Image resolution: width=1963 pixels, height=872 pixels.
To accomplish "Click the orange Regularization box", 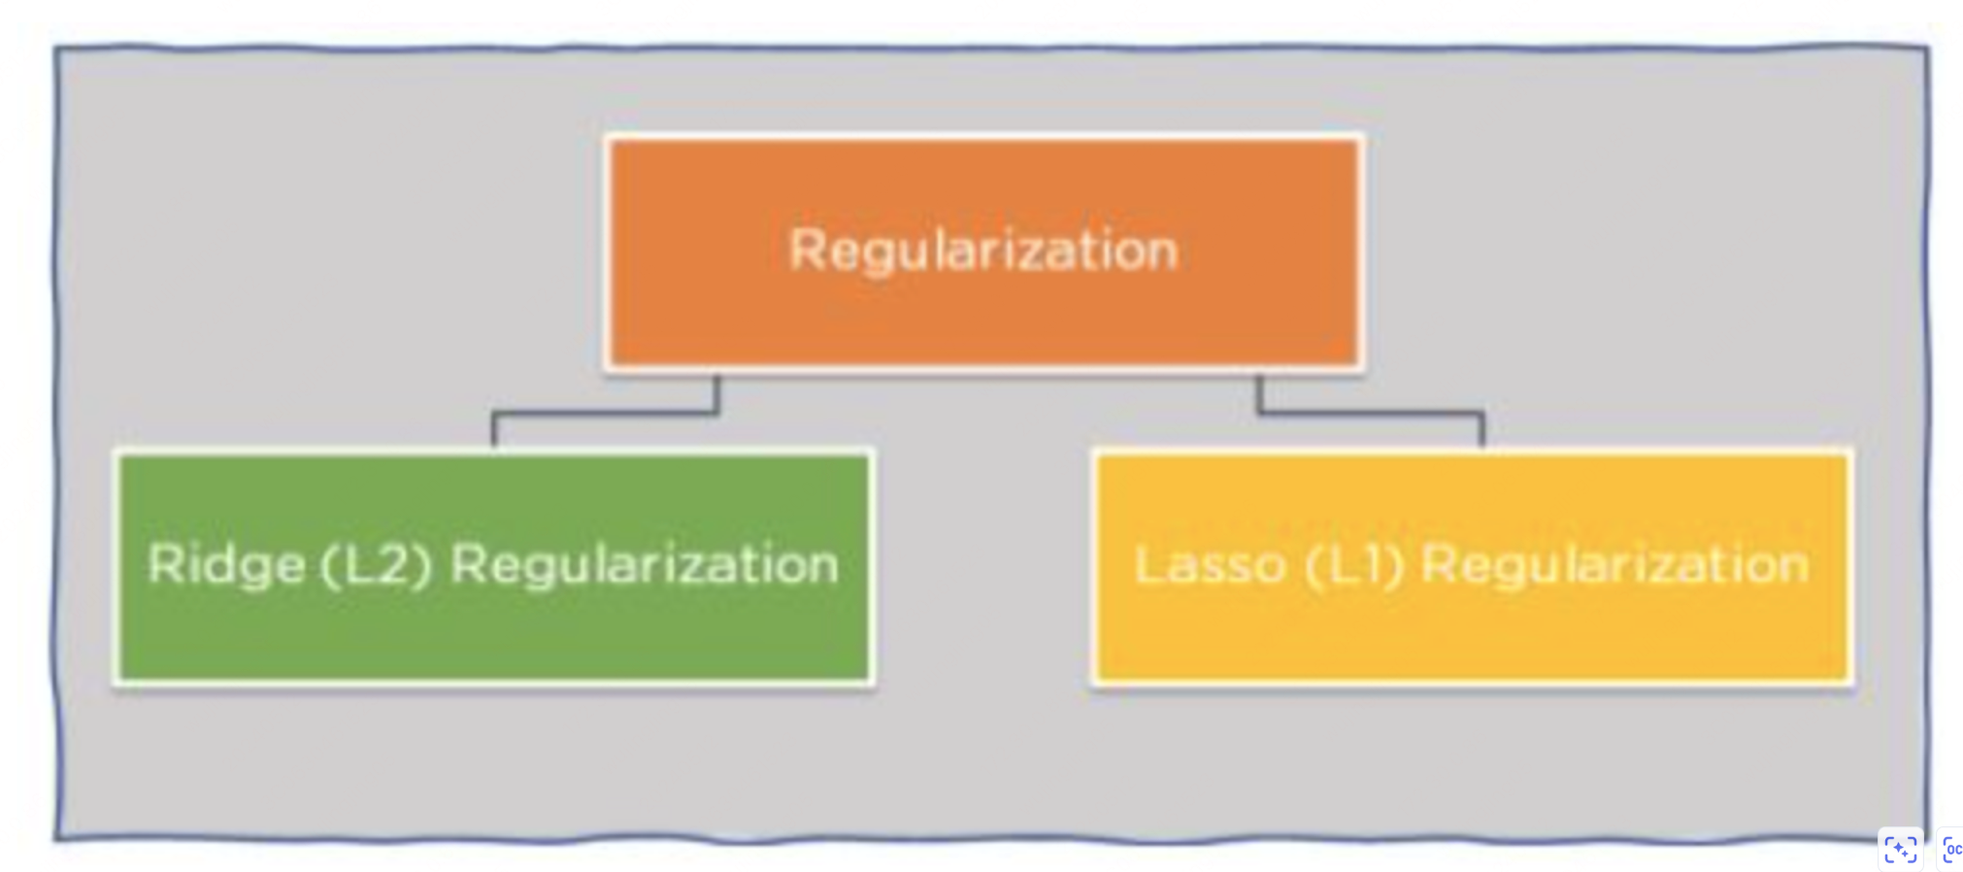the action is [983, 252].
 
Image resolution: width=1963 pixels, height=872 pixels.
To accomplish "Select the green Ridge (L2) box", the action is [494, 567].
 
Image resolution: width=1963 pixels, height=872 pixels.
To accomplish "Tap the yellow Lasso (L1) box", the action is [1472, 567].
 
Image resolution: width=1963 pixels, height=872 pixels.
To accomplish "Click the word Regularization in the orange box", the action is [983, 252].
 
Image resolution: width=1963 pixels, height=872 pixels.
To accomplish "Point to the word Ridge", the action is [226, 564].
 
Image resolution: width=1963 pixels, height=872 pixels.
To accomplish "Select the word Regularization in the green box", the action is [645, 565].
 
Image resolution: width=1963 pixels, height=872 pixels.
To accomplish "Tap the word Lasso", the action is [1210, 565].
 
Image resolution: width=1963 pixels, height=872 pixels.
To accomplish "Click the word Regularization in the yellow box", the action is [1615, 565].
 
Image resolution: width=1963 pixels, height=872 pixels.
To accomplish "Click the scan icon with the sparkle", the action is [1900, 850].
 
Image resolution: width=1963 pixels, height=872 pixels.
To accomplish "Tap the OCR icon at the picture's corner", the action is [1951, 850].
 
